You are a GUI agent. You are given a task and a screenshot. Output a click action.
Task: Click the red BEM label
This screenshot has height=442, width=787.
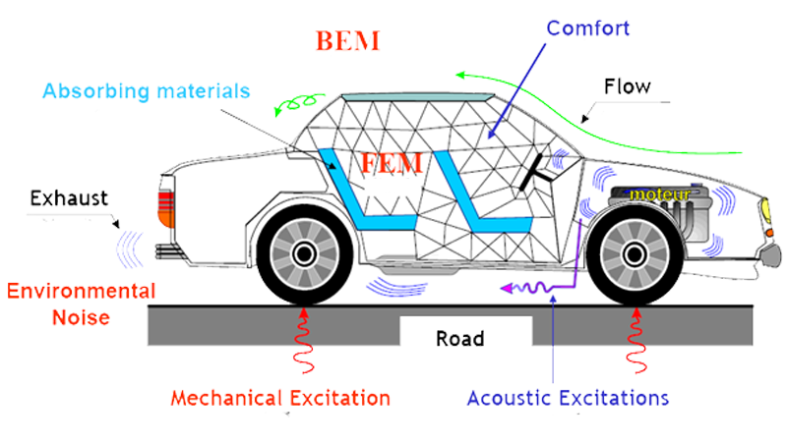(347, 42)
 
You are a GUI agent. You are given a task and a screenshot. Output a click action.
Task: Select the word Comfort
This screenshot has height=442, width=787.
(588, 28)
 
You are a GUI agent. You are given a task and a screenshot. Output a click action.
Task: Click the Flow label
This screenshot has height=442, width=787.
(627, 86)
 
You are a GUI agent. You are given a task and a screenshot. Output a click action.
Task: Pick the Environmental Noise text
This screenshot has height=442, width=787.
(81, 304)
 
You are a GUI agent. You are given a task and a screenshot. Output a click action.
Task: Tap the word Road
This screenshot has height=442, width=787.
(460, 339)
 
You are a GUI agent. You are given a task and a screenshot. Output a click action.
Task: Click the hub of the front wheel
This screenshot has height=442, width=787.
(635, 253)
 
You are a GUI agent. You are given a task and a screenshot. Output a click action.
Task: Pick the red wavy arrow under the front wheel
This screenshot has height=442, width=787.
(635, 343)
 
